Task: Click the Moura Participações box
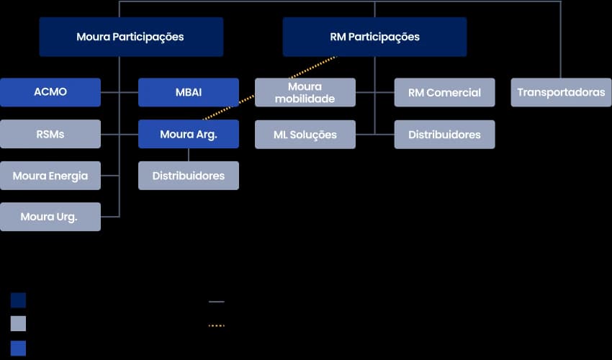[x=131, y=37]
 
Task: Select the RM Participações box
[x=374, y=37]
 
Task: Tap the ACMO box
[x=50, y=92]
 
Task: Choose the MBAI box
[x=189, y=92]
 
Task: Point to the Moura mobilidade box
[x=305, y=92]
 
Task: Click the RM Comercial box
[x=444, y=92]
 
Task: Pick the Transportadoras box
[x=561, y=92]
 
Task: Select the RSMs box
[x=50, y=134]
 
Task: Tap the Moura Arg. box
[x=189, y=134]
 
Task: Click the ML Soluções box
[x=305, y=135]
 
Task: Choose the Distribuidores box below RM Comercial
[x=444, y=135]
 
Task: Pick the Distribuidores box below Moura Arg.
[x=189, y=176]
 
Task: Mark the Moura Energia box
[x=50, y=176]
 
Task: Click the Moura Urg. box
[x=50, y=217]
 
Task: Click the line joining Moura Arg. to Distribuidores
[x=189, y=155]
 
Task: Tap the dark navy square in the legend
[x=19, y=300]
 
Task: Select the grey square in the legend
[x=19, y=323]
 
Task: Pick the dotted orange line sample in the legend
[x=217, y=325]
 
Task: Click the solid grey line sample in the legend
[x=217, y=302]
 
